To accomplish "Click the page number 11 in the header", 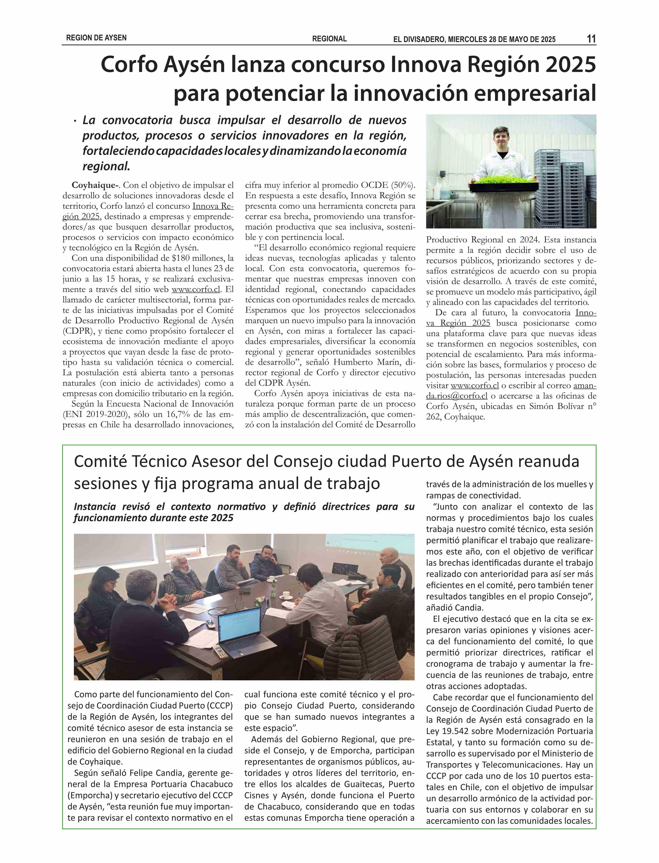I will [591, 39].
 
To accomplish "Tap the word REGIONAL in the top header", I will [329, 39].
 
